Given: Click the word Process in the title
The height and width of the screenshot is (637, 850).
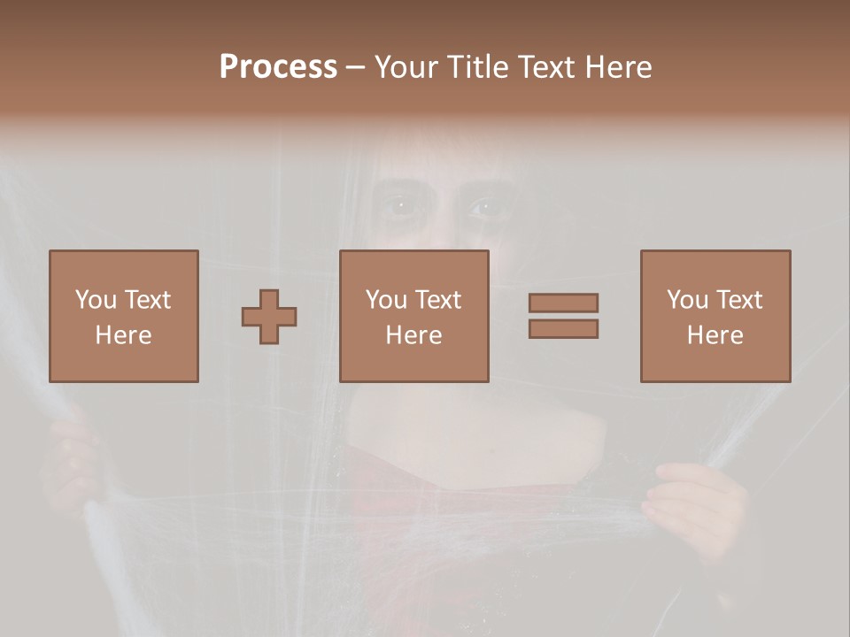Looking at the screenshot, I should pos(278,67).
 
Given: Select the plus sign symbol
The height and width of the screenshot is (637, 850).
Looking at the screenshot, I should pos(269,317).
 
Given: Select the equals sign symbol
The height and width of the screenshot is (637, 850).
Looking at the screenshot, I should pos(563,316).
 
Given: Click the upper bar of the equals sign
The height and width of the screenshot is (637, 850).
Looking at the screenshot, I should pos(563,303).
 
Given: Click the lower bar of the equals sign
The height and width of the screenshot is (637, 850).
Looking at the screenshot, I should pos(563,328).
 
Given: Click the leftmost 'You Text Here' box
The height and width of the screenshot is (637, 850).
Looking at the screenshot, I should pos(124,316).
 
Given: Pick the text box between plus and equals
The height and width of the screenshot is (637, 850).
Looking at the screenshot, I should pos(414,316).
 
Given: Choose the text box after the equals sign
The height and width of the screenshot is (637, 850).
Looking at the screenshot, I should pos(715,316).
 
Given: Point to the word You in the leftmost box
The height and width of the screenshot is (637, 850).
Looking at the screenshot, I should pos(96,300).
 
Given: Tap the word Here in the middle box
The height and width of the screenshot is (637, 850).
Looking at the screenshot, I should pos(414,335).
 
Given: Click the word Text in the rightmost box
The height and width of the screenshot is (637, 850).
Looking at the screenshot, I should pos(738,300).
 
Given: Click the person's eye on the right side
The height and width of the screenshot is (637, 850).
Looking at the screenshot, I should pos(483,208).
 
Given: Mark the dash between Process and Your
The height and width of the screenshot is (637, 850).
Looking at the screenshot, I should pos(355,68).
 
